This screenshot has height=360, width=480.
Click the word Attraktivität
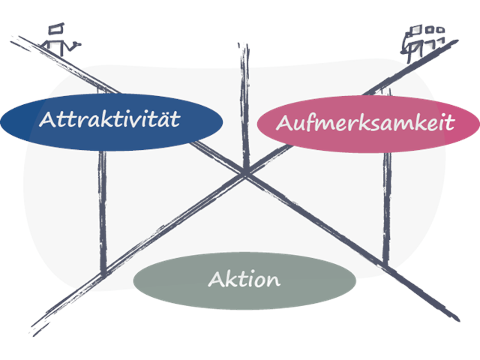(110, 120)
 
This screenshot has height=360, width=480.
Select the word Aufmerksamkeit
(365, 123)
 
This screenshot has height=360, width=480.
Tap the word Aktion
(244, 280)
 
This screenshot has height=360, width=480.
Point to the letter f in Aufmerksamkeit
(302, 121)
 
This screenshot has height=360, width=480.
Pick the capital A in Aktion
(216, 280)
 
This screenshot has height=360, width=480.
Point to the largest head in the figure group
(415, 31)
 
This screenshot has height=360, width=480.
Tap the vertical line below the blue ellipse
(103, 210)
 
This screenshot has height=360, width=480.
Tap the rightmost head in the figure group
(440, 31)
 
